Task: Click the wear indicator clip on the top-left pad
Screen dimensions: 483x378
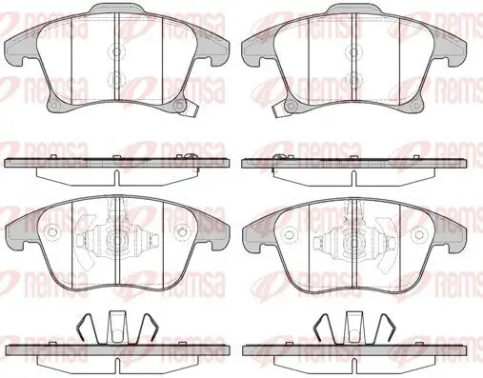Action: click(x=189, y=109)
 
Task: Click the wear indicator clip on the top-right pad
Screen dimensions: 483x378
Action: click(x=279, y=110)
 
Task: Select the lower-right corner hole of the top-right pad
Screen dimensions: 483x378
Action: click(x=414, y=106)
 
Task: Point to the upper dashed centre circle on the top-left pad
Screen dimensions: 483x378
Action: click(x=116, y=51)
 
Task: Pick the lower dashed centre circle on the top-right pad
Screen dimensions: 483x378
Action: click(x=353, y=79)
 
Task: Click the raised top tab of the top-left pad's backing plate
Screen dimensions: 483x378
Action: click(x=116, y=10)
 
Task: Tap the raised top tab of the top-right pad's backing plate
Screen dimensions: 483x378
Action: click(x=353, y=10)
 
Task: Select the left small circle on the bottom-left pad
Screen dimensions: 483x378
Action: click(x=50, y=232)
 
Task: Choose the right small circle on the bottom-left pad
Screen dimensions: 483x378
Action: click(x=182, y=232)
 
